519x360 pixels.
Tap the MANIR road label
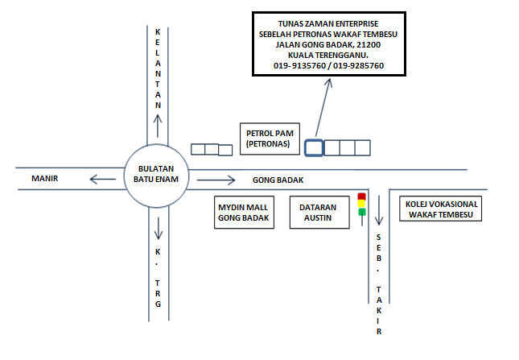point(47,178)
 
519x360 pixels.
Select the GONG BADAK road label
point(277,180)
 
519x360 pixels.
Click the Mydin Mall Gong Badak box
point(244,212)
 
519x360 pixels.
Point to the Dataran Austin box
point(318,212)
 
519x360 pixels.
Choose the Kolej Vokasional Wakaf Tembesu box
point(442,209)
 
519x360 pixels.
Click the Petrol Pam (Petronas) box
point(268,138)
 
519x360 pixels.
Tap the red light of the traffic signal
point(362,196)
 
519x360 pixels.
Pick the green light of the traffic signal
point(362,213)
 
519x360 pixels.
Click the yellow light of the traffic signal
point(362,204)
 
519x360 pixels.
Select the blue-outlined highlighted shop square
point(314,147)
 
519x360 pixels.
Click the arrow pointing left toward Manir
point(105,179)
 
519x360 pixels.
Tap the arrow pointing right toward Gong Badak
point(216,180)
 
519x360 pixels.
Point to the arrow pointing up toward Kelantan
point(158,126)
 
